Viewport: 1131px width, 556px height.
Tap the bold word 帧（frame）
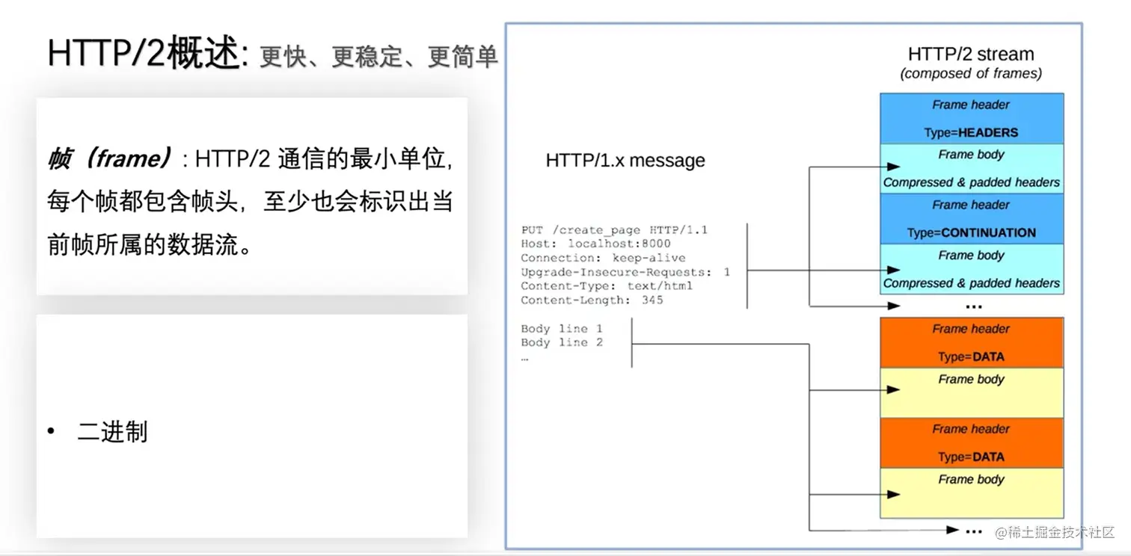click(x=109, y=158)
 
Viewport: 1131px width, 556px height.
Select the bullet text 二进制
click(x=112, y=432)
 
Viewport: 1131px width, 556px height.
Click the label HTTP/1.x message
click(x=625, y=161)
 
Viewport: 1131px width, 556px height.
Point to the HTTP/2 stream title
click(x=970, y=55)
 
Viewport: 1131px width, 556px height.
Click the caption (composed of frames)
click(x=970, y=73)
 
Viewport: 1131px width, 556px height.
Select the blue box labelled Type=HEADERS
click(x=971, y=119)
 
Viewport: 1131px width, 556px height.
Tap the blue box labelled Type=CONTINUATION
click(x=971, y=219)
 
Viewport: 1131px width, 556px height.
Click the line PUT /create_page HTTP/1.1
click(x=613, y=229)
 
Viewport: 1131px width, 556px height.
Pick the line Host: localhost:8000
click(x=595, y=244)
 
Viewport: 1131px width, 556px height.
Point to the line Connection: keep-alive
click(x=603, y=258)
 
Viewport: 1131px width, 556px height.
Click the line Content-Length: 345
click(x=592, y=300)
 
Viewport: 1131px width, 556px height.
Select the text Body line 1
click(x=562, y=329)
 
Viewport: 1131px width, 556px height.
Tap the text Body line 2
click(x=562, y=343)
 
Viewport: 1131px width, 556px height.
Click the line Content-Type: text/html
click(x=607, y=286)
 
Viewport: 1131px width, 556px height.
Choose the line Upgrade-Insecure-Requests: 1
click(x=625, y=272)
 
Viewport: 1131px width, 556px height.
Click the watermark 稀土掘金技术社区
click(x=1060, y=531)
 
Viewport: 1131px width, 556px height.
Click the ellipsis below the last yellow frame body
click(x=973, y=531)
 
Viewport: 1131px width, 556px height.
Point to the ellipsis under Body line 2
click(x=525, y=358)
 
